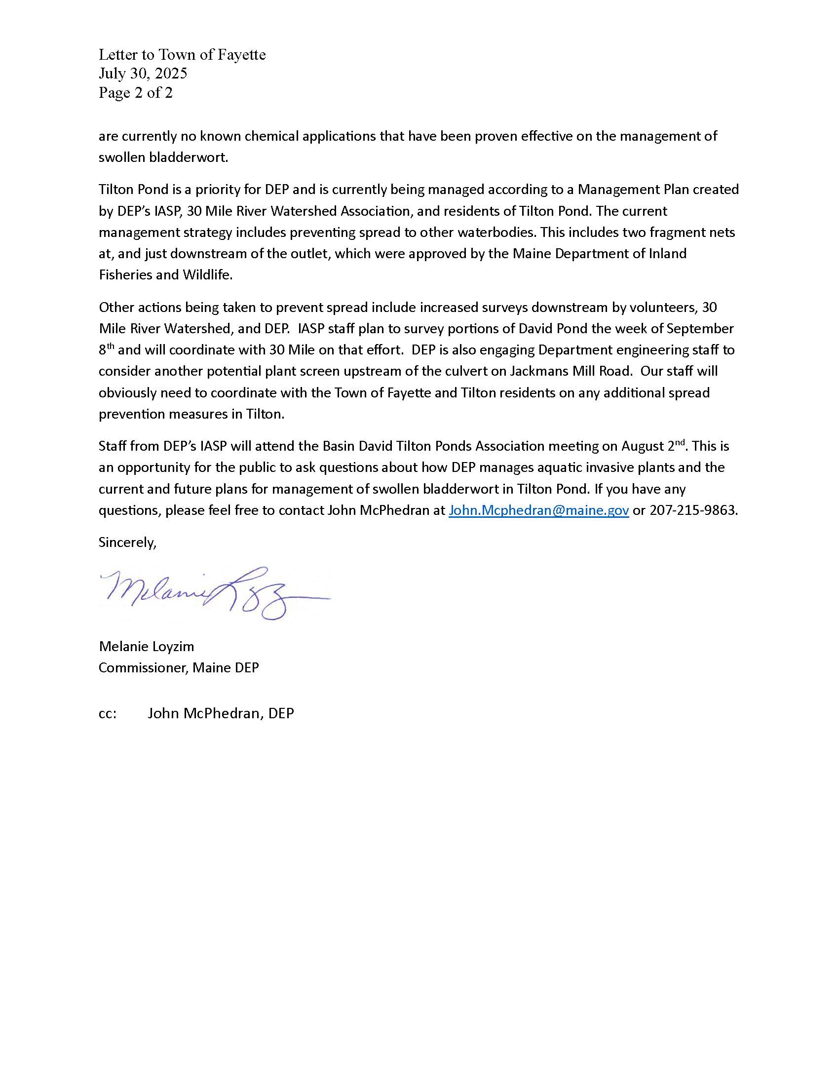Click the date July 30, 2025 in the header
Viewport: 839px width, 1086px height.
pyautogui.click(x=143, y=74)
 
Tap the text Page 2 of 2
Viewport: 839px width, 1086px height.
pyautogui.click(x=135, y=92)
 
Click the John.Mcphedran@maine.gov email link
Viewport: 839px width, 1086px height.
pyautogui.click(x=538, y=510)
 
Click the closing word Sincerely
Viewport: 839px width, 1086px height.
pyautogui.click(x=127, y=542)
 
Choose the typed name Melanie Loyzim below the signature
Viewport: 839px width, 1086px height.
pyautogui.click(x=146, y=646)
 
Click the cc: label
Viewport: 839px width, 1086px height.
pyautogui.click(x=108, y=714)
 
